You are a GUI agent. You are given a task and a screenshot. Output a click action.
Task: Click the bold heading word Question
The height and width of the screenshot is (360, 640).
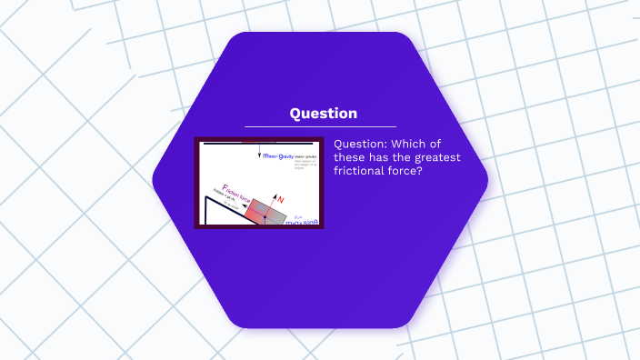tap(323, 114)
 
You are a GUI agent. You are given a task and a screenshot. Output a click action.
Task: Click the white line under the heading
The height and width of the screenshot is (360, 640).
tap(320, 126)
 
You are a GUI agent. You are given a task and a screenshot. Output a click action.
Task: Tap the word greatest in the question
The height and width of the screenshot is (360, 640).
tap(438, 158)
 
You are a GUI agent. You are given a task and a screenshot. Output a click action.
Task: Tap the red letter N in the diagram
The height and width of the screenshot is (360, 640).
tap(280, 198)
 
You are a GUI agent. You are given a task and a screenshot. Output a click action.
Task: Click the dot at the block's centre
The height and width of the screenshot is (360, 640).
tap(265, 216)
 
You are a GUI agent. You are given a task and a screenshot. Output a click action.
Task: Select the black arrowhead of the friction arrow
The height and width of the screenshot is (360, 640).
tap(243, 206)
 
